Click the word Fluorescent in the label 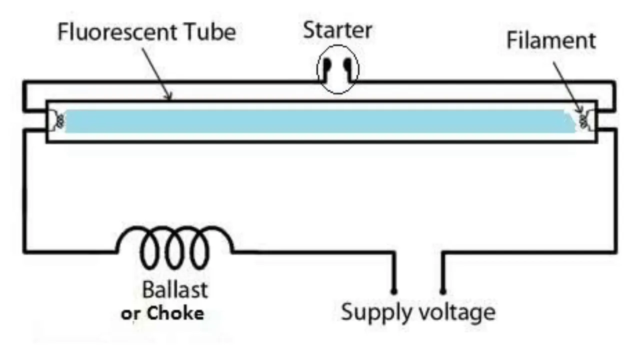click(x=117, y=31)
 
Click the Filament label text click(x=551, y=40)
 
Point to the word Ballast click(x=175, y=289)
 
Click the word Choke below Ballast click(x=175, y=313)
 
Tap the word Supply click(x=376, y=312)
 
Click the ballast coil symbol click(x=175, y=247)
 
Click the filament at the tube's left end click(x=60, y=121)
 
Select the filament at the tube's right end click(x=583, y=121)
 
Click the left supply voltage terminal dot click(x=393, y=291)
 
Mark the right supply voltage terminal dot click(x=442, y=291)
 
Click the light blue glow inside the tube click(x=320, y=121)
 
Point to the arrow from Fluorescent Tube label click(x=156, y=74)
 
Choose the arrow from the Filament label click(x=567, y=87)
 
